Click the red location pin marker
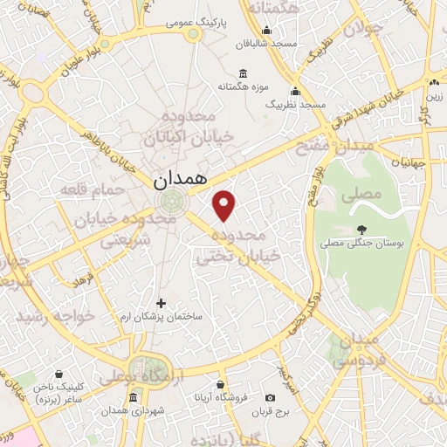tap(225, 206)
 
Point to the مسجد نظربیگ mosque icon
tap(295, 92)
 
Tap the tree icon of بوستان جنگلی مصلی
tap(361, 230)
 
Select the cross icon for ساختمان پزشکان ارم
tap(160, 303)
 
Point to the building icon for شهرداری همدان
tap(133, 398)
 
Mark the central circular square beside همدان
tap(168, 202)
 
